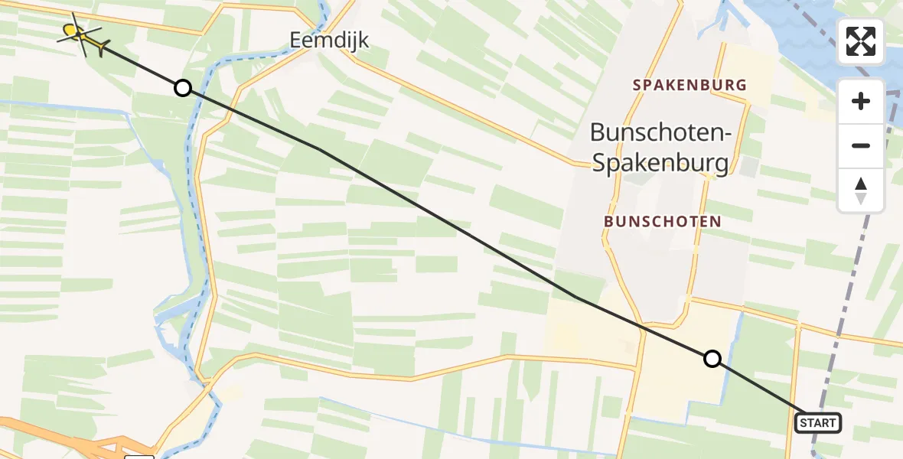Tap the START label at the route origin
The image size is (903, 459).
[x=817, y=423]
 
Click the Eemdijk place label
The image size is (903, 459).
[x=329, y=40]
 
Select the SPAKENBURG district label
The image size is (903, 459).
[x=689, y=85]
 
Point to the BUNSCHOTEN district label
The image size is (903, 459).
[x=662, y=221]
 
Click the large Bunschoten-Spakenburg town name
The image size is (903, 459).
[x=660, y=148]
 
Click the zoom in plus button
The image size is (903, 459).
[x=861, y=101]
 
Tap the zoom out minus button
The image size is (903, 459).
[x=861, y=145]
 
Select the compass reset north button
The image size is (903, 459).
[x=861, y=190]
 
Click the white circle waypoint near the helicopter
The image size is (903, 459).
[x=182, y=88]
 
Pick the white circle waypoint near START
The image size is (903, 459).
[x=712, y=359]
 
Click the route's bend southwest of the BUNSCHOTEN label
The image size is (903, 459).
[x=575, y=297]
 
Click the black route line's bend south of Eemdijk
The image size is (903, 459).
[x=320, y=149]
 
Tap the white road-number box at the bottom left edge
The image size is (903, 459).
[x=139, y=457]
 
